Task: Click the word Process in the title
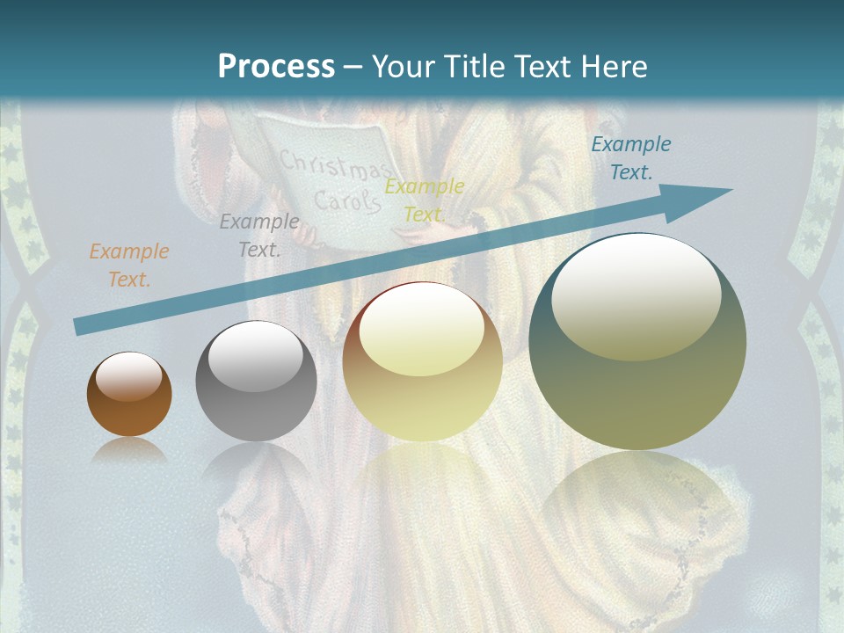(x=276, y=67)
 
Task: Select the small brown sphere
(x=129, y=395)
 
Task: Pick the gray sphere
(x=256, y=382)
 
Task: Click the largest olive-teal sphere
(x=637, y=342)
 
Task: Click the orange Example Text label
(x=129, y=266)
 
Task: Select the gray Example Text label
(x=259, y=236)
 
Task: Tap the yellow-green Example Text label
(x=425, y=200)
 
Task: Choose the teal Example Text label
(x=630, y=158)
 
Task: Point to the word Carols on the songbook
(x=347, y=201)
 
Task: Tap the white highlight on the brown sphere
(x=128, y=377)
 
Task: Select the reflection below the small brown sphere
(x=129, y=450)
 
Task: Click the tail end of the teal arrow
(x=79, y=327)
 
